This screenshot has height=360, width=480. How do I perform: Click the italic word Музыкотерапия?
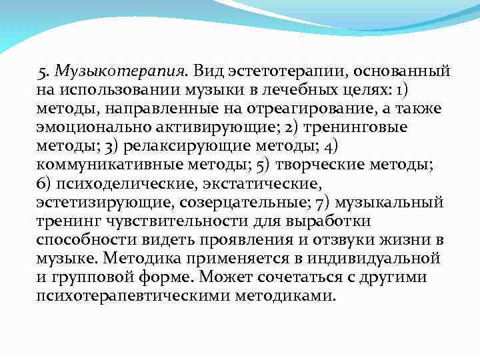click(x=124, y=70)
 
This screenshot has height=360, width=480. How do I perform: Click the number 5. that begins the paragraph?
click(x=45, y=70)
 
